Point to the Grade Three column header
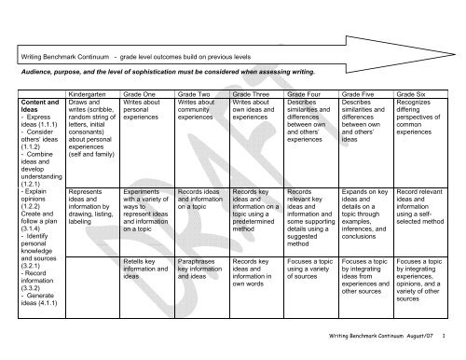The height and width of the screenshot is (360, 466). pos(252,95)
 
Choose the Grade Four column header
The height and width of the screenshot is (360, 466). pos(306,95)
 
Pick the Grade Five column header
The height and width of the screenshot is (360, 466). pos(360,95)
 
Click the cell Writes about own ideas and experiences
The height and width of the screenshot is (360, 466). pos(253,117)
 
